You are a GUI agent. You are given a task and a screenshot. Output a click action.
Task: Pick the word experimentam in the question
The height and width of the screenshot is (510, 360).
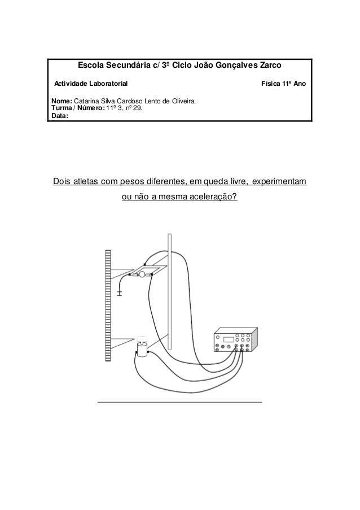point(279,183)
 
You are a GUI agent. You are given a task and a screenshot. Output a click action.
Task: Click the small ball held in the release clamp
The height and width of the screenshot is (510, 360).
point(143,274)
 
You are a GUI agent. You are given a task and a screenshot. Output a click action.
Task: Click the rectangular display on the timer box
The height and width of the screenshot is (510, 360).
point(229,340)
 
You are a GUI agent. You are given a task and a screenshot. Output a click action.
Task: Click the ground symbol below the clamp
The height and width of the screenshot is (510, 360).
point(119,293)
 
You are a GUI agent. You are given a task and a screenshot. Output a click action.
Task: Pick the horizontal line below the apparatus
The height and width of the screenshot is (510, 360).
point(179,402)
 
